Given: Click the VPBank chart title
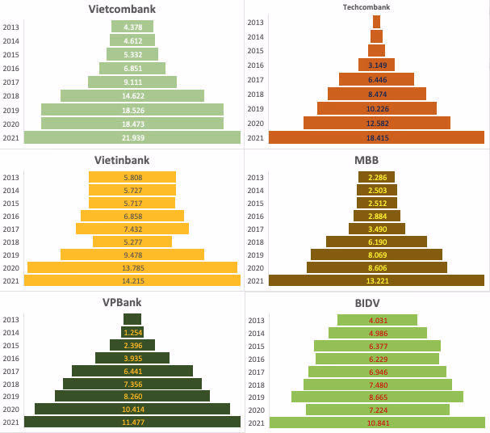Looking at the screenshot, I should point(132,302).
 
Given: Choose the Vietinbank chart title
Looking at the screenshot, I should point(132,160).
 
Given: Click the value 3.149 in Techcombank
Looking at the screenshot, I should point(377,65).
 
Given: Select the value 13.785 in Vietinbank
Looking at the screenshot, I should point(132,267).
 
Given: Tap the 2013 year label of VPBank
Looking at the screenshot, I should point(11,318).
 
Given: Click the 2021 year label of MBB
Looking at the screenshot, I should point(255,280).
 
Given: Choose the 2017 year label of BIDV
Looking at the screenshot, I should point(255,372).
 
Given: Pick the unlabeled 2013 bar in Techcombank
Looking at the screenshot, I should point(377,22).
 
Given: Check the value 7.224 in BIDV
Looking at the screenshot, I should point(377,410).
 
